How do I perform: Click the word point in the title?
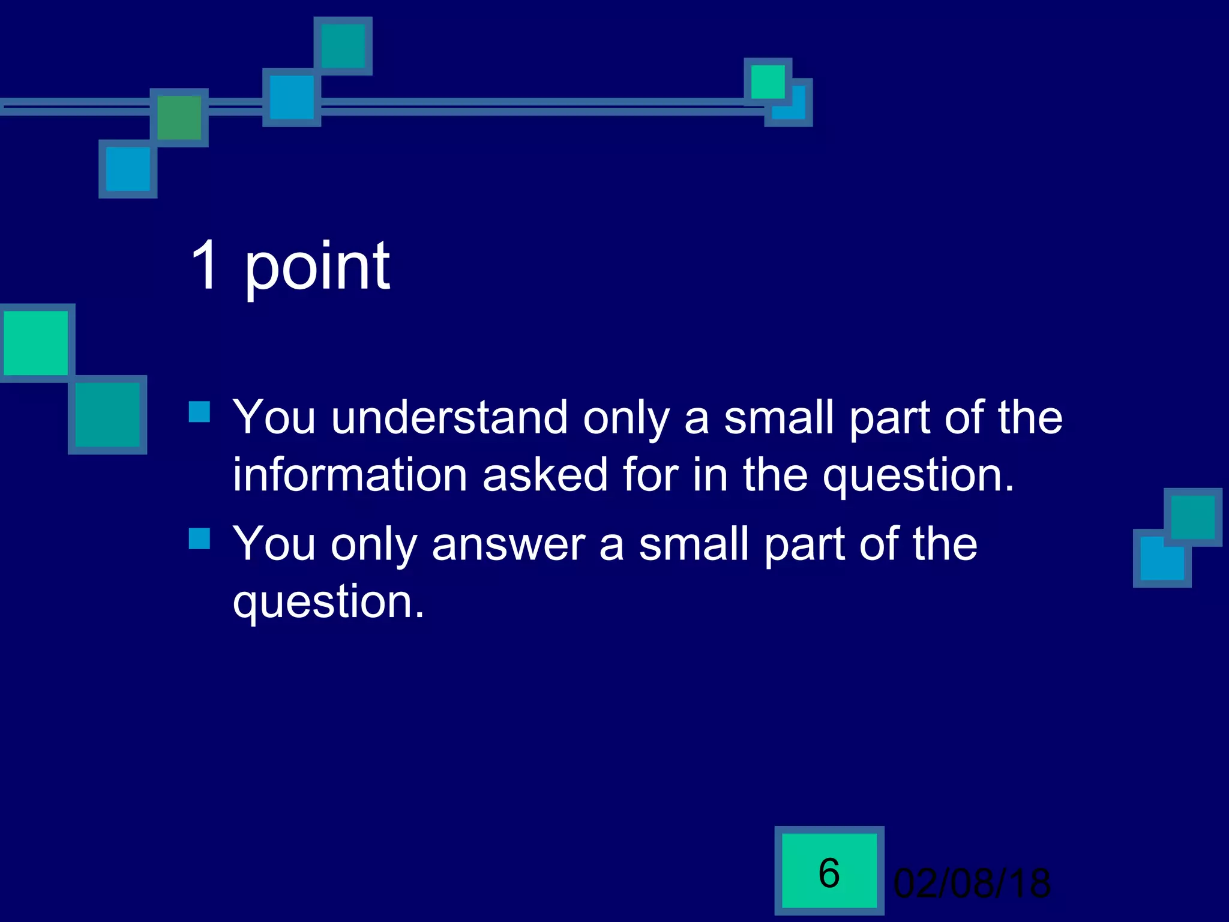tap(317, 267)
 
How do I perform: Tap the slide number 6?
tap(829, 873)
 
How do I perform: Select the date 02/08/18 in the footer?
tap(972, 884)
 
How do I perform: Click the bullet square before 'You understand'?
tap(199, 412)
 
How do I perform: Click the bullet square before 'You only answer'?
tap(199, 538)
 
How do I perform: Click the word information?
tap(350, 475)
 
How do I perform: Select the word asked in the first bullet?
tap(545, 475)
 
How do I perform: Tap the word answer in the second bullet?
tap(508, 544)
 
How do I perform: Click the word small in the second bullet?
tap(694, 544)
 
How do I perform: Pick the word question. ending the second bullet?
tap(328, 602)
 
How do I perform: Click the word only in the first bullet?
tap(626, 418)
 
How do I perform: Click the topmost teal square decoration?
tap(343, 46)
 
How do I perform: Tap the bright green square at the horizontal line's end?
tap(768, 82)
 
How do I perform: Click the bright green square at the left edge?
tap(35, 343)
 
